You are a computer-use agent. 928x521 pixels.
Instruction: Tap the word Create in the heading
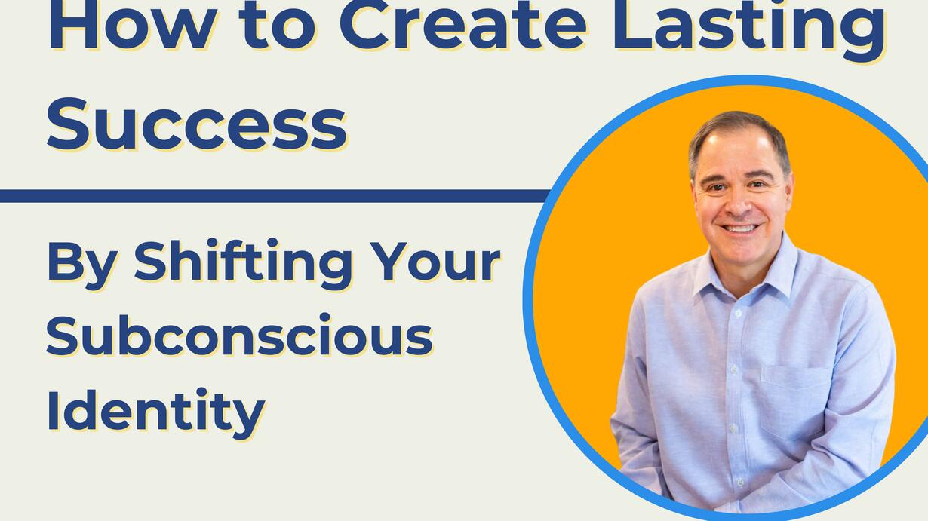click(x=462, y=24)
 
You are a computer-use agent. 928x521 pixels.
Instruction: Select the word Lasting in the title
click(x=748, y=31)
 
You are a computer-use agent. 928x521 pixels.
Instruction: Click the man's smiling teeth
click(x=740, y=228)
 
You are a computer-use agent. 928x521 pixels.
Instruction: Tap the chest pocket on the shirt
click(x=796, y=403)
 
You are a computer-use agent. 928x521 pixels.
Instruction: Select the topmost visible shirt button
click(x=738, y=314)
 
